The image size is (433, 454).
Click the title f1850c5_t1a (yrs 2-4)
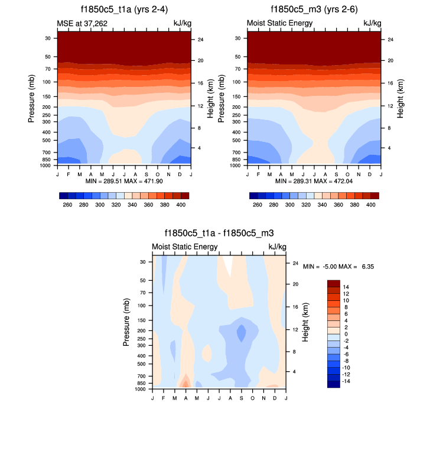point(124,9)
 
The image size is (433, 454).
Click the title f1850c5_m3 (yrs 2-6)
point(314,9)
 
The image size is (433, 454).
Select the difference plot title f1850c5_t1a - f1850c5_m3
point(219,234)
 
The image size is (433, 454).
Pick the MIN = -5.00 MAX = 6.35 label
point(338,267)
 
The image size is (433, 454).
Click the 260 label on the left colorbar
point(67,205)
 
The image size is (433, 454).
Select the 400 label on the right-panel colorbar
point(371,205)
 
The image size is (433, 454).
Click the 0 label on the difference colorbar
point(345,334)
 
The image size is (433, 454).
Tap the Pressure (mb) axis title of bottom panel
point(127,322)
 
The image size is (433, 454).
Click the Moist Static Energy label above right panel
point(279,23)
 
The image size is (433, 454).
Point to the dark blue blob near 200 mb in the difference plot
point(241,333)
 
